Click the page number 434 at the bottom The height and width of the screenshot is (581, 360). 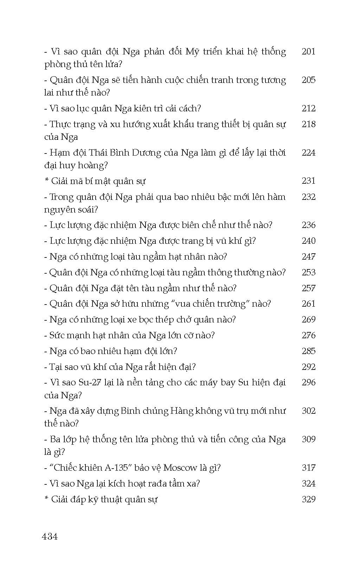50,536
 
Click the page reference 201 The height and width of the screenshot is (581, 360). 308,52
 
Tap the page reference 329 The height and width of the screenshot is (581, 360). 308,499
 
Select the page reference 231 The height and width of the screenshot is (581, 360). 308,181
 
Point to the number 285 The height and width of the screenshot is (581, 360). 308,351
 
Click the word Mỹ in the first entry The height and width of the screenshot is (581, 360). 192,52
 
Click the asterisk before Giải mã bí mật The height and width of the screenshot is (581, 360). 46,181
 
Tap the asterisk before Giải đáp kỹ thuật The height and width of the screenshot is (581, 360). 46,499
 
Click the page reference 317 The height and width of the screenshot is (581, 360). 308,468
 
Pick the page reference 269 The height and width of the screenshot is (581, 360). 308,319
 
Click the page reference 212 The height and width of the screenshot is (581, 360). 308,108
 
